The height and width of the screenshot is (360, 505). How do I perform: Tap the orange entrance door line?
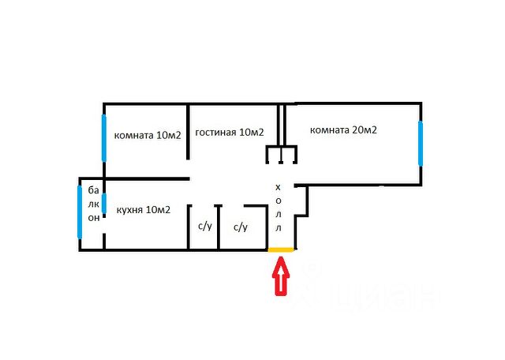(x=281, y=250)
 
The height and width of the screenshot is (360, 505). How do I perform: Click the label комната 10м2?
(x=148, y=135)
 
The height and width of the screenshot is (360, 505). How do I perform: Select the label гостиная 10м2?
(x=229, y=133)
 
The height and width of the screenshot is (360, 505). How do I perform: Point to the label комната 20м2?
(x=343, y=129)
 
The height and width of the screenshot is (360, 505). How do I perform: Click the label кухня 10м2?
(x=143, y=210)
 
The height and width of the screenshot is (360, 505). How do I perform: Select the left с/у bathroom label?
(x=204, y=227)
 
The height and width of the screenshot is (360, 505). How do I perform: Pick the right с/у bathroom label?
(x=241, y=227)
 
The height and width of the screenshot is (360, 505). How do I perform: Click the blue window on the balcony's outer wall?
(x=79, y=211)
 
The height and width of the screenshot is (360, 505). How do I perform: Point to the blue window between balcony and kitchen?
(x=103, y=203)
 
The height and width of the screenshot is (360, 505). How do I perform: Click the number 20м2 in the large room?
(x=364, y=129)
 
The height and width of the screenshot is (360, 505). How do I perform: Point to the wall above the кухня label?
(x=146, y=179)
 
